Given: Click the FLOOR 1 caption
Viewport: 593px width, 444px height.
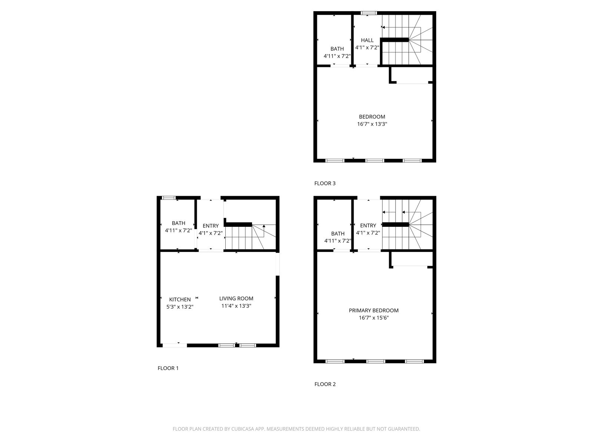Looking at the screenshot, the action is pos(168,368).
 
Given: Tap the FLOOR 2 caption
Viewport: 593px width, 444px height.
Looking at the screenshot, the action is pos(325,384).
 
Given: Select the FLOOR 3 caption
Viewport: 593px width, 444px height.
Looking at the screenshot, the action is pos(325,183).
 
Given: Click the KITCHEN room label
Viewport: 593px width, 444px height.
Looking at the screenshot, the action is pos(180,299).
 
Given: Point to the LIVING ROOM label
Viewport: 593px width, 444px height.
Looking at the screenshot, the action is pos(236,299).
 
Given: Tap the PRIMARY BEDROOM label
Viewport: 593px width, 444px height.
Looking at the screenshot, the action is pos(374,310).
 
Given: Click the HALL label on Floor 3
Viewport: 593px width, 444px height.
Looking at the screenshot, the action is pos(367,40).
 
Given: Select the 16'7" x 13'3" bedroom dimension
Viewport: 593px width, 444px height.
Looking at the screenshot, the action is pos(372,124).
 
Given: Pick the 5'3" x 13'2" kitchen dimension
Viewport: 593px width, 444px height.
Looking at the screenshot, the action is pos(180,307).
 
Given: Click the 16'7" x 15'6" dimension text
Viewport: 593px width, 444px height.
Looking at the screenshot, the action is pos(374,318).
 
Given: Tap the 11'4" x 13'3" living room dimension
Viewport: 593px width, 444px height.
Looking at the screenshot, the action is pos(236,306).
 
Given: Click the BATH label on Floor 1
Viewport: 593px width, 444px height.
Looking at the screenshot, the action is pos(179,223).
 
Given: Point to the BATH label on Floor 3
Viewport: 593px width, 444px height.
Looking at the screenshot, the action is pos(337,49).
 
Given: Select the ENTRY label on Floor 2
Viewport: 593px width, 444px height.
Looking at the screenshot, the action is pos(368,225).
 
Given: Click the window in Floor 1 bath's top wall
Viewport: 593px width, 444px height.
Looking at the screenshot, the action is pos(169,198).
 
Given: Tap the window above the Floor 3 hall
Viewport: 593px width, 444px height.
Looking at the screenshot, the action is pos(369,13).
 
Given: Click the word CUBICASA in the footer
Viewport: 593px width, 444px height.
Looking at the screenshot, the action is pos(242,428).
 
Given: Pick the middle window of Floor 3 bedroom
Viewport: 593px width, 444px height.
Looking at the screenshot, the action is pos(375,161).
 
